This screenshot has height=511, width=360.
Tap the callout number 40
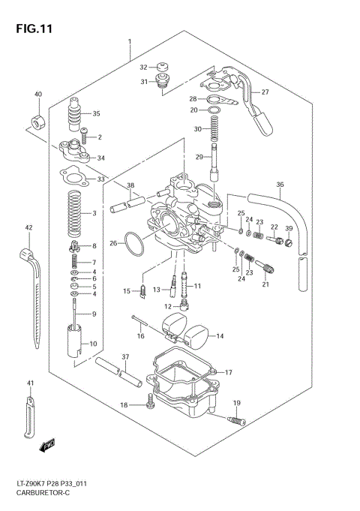coord(37,95)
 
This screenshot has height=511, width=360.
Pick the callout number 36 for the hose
coord(280,185)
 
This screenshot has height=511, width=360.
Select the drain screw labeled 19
coord(235,421)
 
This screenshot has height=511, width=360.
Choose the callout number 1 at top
coord(129,42)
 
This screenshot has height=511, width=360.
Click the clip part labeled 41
coord(29,416)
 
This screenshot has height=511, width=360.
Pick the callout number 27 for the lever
coord(265,93)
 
